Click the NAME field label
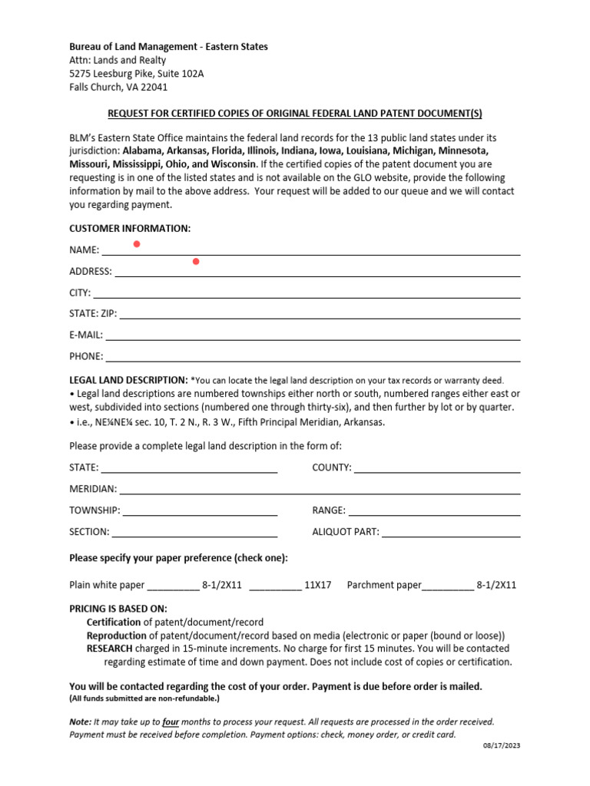(84, 250)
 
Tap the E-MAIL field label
(86, 335)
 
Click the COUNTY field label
(332, 467)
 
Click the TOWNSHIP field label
(94, 510)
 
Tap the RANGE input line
(434, 514)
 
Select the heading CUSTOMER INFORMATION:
(130, 229)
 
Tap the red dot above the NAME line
(137, 244)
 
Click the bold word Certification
(114, 623)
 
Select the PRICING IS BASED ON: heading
(118, 609)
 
